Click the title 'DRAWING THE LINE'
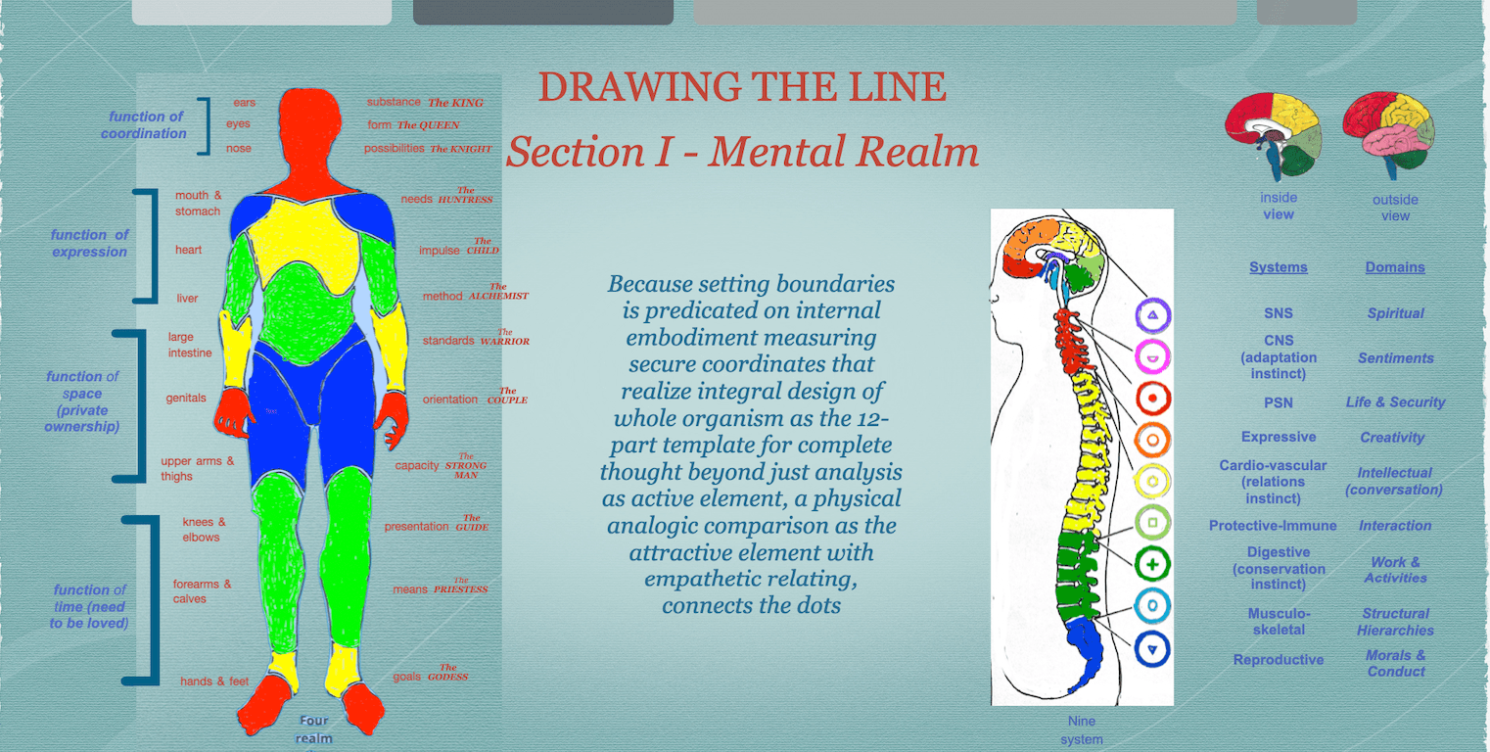[x=742, y=88]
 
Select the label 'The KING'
[x=455, y=102]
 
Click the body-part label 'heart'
[x=188, y=251]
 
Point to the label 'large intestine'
[x=189, y=345]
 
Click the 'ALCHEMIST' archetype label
[x=497, y=295]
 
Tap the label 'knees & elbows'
[x=203, y=530]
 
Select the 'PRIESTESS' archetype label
[x=460, y=588]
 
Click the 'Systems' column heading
[x=1278, y=267]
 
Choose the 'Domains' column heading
[x=1395, y=267]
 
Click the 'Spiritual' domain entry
[x=1395, y=313]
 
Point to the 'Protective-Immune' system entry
[x=1273, y=526]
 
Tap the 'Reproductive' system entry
[x=1278, y=660]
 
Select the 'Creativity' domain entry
[x=1392, y=438]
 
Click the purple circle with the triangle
[x=1153, y=315]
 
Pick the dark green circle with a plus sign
[x=1153, y=565]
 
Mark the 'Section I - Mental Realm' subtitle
[x=742, y=152]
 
